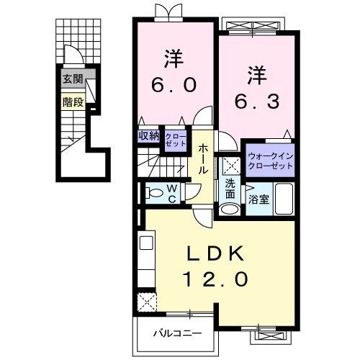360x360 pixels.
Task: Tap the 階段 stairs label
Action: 73,102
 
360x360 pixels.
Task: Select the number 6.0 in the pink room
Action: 173,85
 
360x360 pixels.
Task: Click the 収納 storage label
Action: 149,135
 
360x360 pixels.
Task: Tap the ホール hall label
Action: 204,160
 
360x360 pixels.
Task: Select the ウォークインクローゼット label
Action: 270,160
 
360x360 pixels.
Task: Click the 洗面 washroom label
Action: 230,189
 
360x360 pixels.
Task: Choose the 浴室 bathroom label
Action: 260,199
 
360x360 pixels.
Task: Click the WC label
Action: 174,192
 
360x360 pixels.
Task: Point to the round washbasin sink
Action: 229,209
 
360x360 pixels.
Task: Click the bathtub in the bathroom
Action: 283,199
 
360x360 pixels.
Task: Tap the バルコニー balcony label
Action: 176,333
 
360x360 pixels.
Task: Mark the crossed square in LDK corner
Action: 147,300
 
